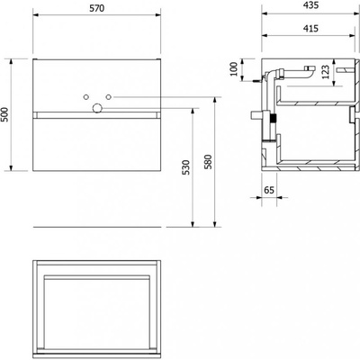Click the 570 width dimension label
click(97, 8)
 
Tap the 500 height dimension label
click(4, 114)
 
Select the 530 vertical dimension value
click(186, 167)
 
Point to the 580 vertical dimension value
click(208, 162)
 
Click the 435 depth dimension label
click(310, 5)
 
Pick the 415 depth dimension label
click(310, 29)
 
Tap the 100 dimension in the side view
click(234, 69)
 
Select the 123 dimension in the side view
click(326, 72)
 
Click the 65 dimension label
click(269, 190)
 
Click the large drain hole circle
click(97, 108)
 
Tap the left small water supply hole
click(85, 97)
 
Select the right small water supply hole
click(109, 97)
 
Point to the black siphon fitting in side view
click(273, 118)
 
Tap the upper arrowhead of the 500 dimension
click(12, 62)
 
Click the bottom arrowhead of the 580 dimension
click(215, 224)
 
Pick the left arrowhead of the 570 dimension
click(36, 14)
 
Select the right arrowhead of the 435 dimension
click(356, 13)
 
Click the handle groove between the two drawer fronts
click(97, 115)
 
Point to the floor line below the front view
click(97, 227)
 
